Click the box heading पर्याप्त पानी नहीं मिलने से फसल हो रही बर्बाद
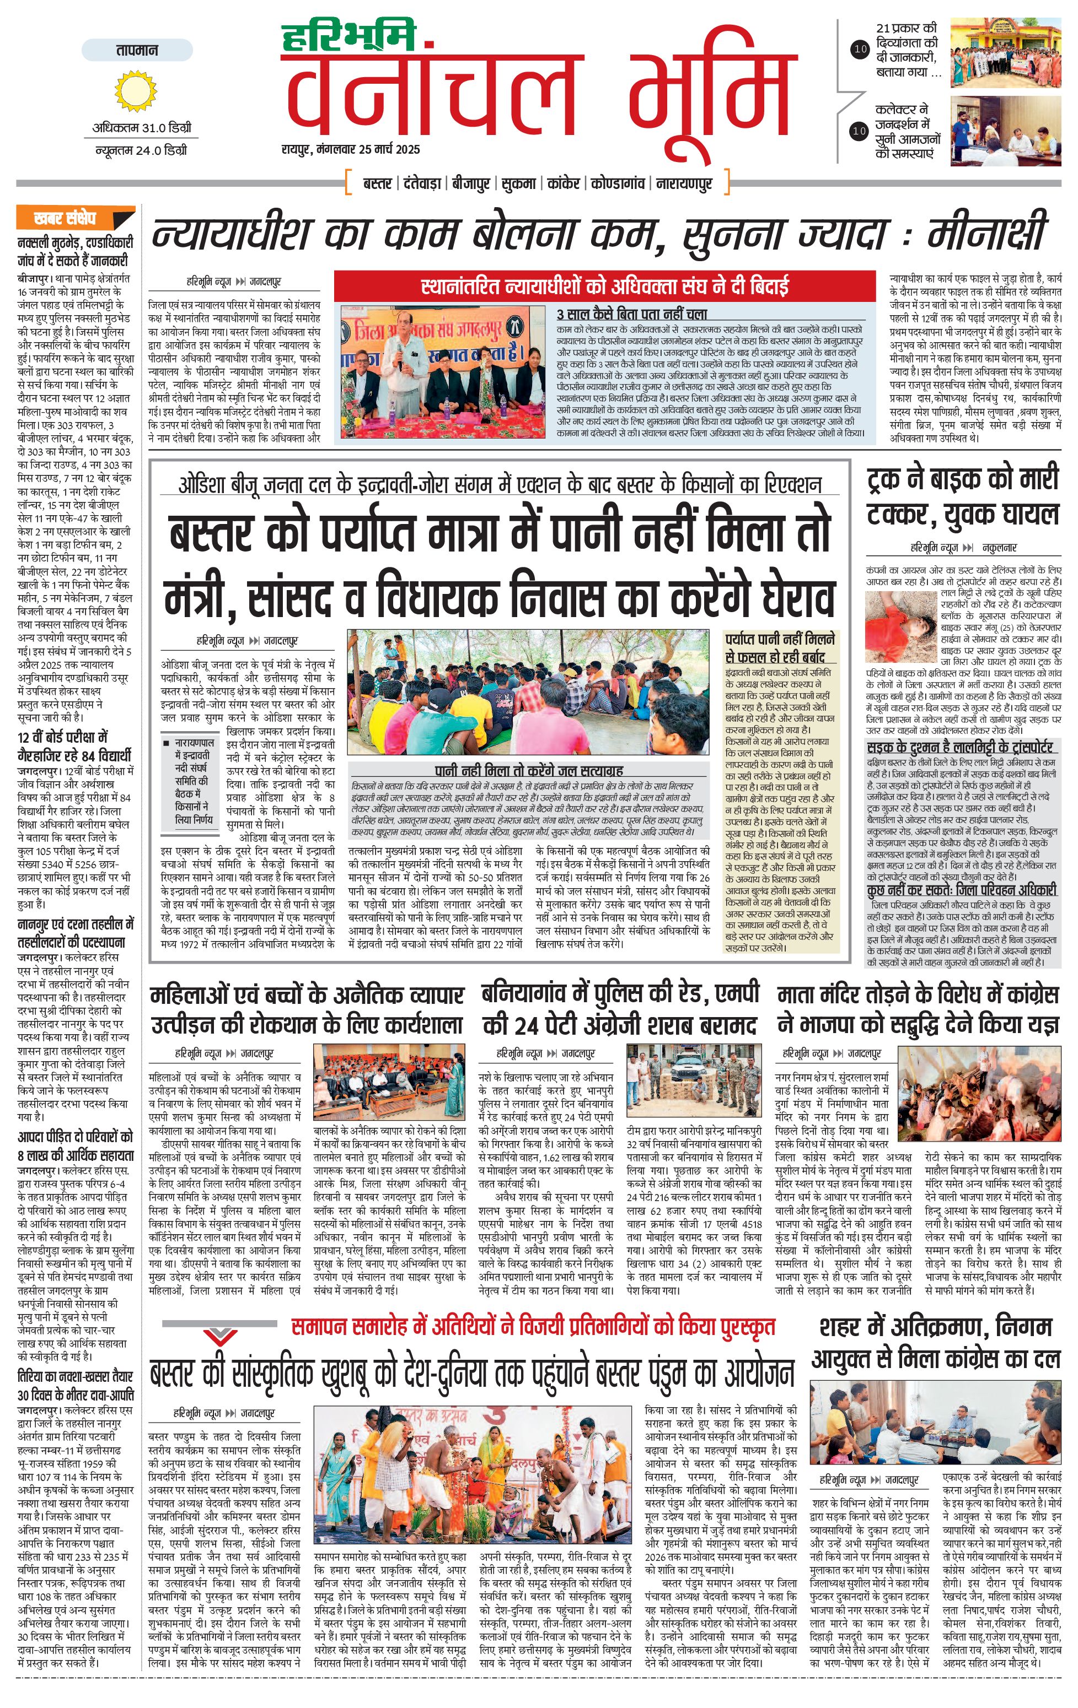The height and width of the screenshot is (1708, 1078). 780,647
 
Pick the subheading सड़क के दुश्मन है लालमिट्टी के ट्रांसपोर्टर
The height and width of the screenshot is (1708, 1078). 959,747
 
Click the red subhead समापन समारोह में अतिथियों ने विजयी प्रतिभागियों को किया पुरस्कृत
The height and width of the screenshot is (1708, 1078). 533,1326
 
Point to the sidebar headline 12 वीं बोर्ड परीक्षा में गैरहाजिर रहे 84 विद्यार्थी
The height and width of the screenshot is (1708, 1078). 74,745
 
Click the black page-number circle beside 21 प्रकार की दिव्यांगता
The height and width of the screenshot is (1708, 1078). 860,49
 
